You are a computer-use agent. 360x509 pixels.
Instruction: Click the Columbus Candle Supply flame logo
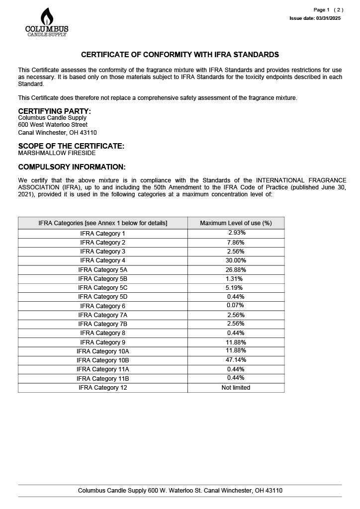(x=47, y=22)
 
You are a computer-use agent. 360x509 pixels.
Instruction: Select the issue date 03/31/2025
(x=315, y=18)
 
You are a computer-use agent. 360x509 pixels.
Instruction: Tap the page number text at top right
(x=328, y=10)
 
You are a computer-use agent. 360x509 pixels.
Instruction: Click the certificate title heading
(x=180, y=55)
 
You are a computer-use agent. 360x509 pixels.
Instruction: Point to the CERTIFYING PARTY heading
(x=55, y=111)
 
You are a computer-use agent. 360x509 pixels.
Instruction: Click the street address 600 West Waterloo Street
(x=53, y=125)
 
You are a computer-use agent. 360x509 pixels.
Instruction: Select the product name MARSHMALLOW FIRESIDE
(x=57, y=153)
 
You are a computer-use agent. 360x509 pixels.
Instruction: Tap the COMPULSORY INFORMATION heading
(x=72, y=167)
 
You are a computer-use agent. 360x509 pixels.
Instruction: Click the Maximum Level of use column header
(x=236, y=223)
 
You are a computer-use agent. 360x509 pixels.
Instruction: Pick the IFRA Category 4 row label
(x=103, y=260)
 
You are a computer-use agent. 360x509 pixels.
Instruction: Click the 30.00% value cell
(x=236, y=260)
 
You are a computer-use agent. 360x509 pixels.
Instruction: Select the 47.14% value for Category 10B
(x=236, y=360)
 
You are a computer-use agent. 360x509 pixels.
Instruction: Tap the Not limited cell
(x=236, y=388)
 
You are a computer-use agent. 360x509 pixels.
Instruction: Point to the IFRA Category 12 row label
(x=103, y=388)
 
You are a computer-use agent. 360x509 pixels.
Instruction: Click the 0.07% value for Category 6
(x=236, y=306)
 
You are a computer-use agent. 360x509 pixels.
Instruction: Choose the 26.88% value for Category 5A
(x=236, y=269)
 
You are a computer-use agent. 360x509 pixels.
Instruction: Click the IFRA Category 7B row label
(x=103, y=324)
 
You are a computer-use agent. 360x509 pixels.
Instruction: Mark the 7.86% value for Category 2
(x=236, y=243)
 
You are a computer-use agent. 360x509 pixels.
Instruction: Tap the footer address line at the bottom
(x=180, y=491)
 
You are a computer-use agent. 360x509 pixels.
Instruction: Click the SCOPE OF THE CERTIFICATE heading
(x=71, y=146)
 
